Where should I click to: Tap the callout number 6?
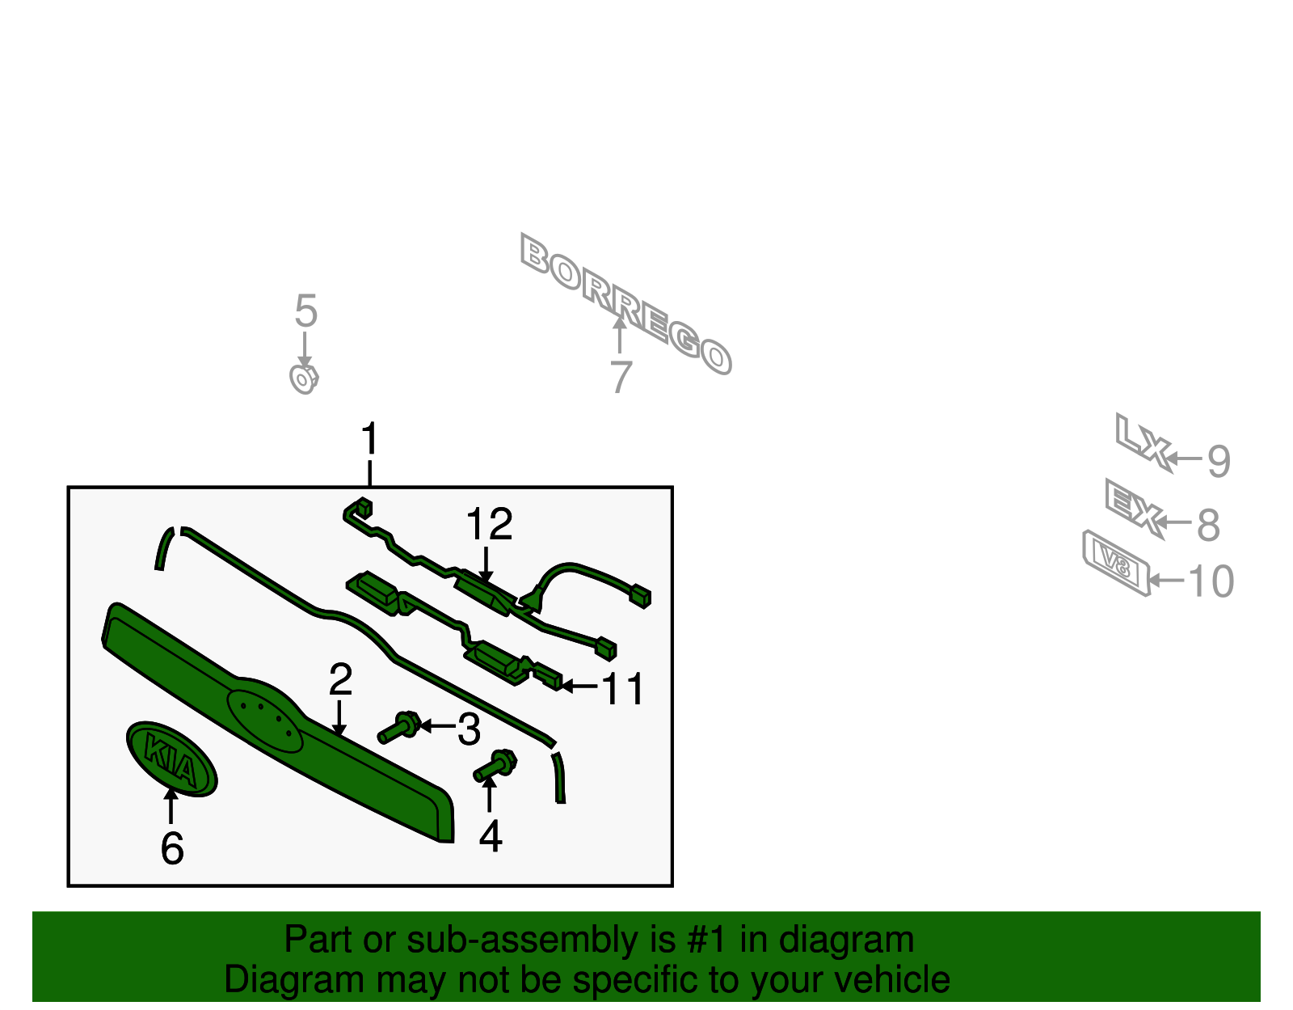tap(172, 848)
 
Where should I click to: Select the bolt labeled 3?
tap(399, 728)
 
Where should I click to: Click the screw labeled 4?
tap(495, 766)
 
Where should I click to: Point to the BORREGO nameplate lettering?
tap(625, 303)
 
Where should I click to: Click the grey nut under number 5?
tap(304, 378)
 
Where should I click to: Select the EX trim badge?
tap(1134, 506)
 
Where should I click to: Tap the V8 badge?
tap(1116, 563)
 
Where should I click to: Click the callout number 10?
tap(1211, 581)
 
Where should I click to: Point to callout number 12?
tap(489, 525)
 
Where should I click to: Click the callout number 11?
tap(623, 689)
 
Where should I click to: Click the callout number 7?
tap(620, 378)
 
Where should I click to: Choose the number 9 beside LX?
tap(1219, 461)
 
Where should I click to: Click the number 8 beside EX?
tap(1208, 525)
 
